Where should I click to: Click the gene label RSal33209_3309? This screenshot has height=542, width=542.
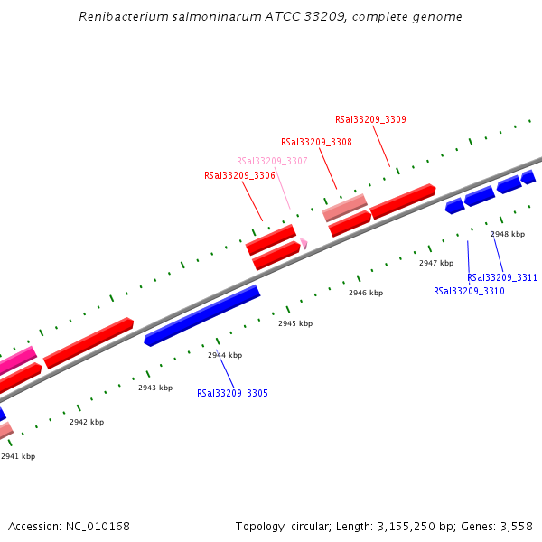[x=370, y=119]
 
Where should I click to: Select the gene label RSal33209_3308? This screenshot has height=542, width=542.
[x=316, y=142]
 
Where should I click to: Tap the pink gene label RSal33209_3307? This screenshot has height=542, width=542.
[x=272, y=161]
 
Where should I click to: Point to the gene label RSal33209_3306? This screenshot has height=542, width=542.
[x=239, y=175]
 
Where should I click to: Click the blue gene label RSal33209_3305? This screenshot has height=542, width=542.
[x=232, y=393]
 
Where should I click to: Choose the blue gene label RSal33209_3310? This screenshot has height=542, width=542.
[x=469, y=292]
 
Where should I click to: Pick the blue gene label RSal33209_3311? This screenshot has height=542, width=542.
[x=502, y=277]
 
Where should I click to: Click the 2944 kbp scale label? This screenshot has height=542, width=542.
[x=225, y=355]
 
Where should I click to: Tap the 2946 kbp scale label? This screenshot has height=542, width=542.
[x=366, y=293]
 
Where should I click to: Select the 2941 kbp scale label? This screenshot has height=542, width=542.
[x=18, y=456]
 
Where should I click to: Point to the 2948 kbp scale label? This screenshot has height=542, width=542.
[x=508, y=234]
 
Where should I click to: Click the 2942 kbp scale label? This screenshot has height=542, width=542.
[x=87, y=422]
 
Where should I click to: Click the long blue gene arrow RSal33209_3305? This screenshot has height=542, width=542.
[x=202, y=315]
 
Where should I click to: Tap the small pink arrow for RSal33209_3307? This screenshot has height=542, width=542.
[x=304, y=243]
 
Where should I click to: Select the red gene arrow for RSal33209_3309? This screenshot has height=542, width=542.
[x=403, y=201]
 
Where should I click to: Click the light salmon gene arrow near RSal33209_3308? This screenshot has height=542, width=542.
[x=345, y=208]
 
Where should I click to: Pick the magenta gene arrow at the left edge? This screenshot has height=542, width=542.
[x=17, y=360]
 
